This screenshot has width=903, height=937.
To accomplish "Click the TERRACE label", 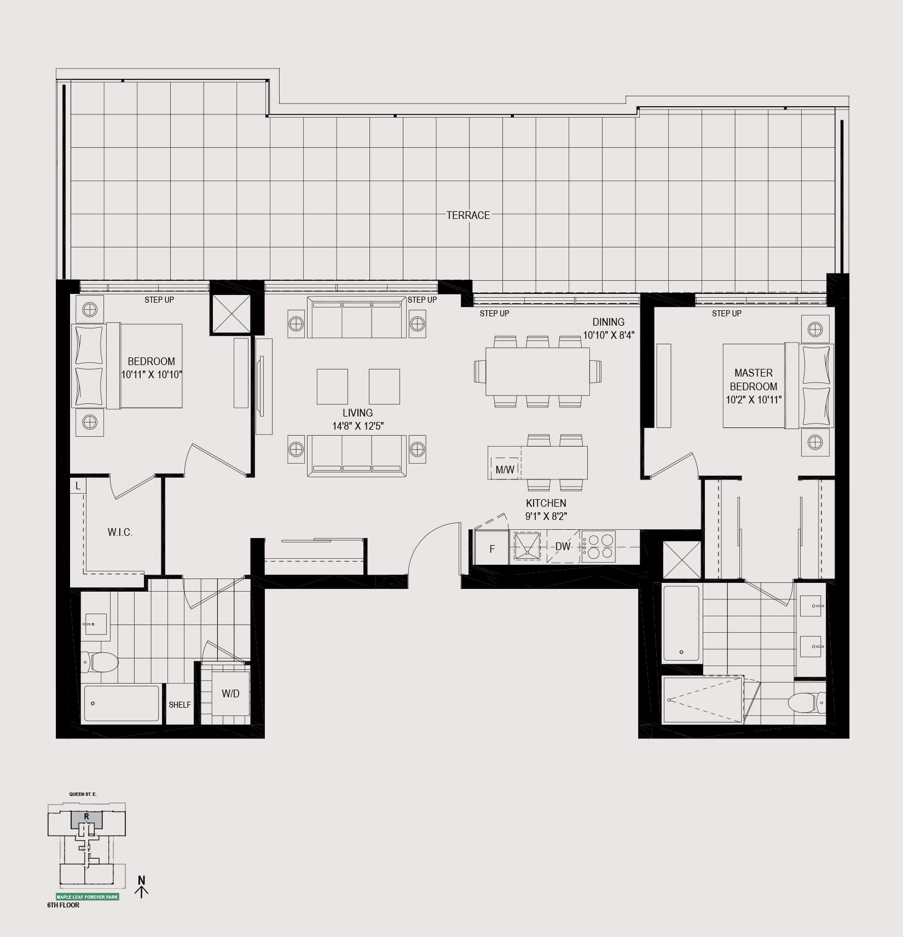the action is [x=468, y=215].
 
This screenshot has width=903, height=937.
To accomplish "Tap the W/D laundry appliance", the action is [x=230, y=694].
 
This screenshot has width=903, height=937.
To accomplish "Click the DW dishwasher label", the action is [x=563, y=546].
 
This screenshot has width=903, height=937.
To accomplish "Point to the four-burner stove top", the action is [x=598, y=546].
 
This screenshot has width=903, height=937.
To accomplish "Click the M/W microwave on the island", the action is [x=505, y=469].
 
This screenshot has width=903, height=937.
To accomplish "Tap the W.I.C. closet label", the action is [x=120, y=532].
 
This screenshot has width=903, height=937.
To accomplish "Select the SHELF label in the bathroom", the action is [x=180, y=705].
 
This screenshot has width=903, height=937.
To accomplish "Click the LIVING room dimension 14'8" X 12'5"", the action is [x=358, y=426].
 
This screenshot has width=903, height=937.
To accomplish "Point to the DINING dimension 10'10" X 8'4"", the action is [x=608, y=335].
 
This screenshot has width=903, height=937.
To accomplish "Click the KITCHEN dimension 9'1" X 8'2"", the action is [x=546, y=516].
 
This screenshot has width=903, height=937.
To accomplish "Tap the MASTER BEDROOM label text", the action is [x=754, y=379].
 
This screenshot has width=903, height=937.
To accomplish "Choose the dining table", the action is [x=537, y=372].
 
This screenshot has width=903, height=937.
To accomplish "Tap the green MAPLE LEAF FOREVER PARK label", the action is [x=88, y=897].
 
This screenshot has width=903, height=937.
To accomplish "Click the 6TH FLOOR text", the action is [x=63, y=905].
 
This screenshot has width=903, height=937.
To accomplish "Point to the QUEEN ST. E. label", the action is [x=83, y=794].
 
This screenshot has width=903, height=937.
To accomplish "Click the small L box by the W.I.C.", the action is [x=78, y=485].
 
